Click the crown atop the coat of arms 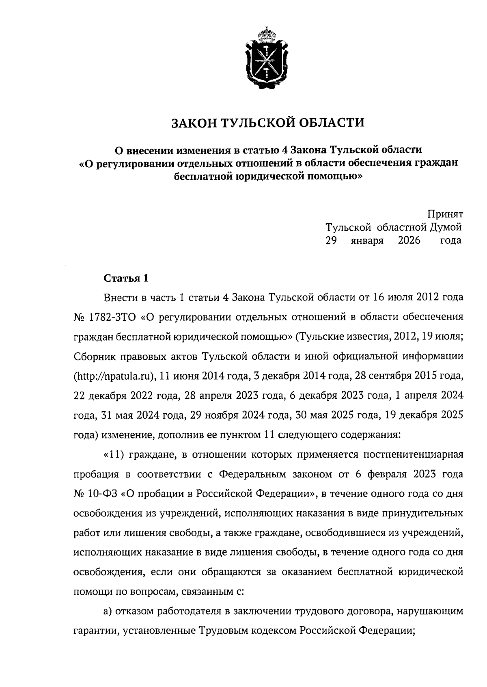pos(267,33)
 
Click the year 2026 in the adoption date pos(409,240)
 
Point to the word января pos(367,241)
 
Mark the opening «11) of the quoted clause pos(114,455)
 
